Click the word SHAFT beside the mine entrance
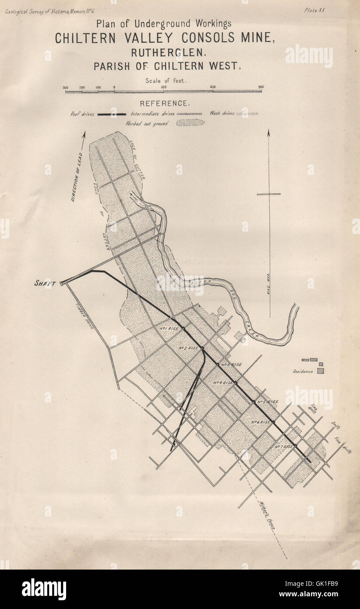click(x=45, y=283)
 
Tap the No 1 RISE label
click(x=168, y=328)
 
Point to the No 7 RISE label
click(x=284, y=447)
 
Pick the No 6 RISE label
click(x=261, y=422)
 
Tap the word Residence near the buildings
click(x=303, y=372)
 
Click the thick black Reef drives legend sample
click(x=112, y=114)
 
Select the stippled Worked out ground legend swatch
click(x=190, y=123)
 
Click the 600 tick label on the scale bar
click(x=212, y=87)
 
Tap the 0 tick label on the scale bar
click(x=114, y=87)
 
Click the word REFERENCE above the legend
click(x=164, y=103)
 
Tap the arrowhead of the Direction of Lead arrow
click(x=84, y=134)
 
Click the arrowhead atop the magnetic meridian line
click(x=269, y=132)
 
